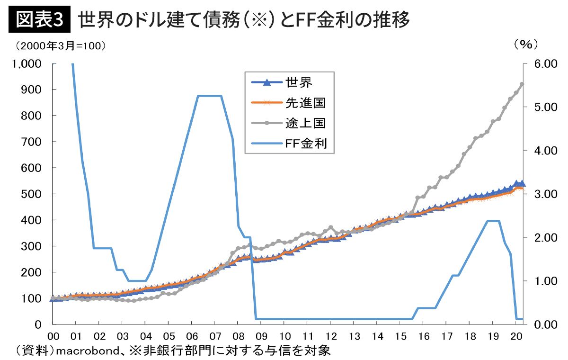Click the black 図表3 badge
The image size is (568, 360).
pos(39,20)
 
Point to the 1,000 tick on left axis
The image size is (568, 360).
pos(27,63)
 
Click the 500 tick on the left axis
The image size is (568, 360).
pos(32,194)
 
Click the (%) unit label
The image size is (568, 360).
pos(526,45)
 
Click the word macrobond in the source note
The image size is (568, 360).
pos(85,351)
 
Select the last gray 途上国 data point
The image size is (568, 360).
pos(522,84)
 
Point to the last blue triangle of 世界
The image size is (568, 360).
pos(522,184)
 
